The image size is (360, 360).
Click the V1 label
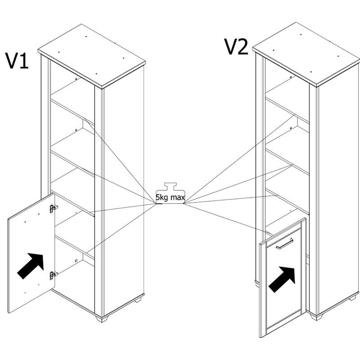coord(17,60)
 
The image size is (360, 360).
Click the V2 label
coord(236,46)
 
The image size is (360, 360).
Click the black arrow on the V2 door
coord(283,277)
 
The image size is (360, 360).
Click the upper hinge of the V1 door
coord(53,208)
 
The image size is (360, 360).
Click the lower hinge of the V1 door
coord(54,274)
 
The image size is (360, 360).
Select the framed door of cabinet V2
coord(283,279)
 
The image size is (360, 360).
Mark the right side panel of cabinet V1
coord(124,193)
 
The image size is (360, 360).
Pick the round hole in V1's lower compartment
coord(76,260)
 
